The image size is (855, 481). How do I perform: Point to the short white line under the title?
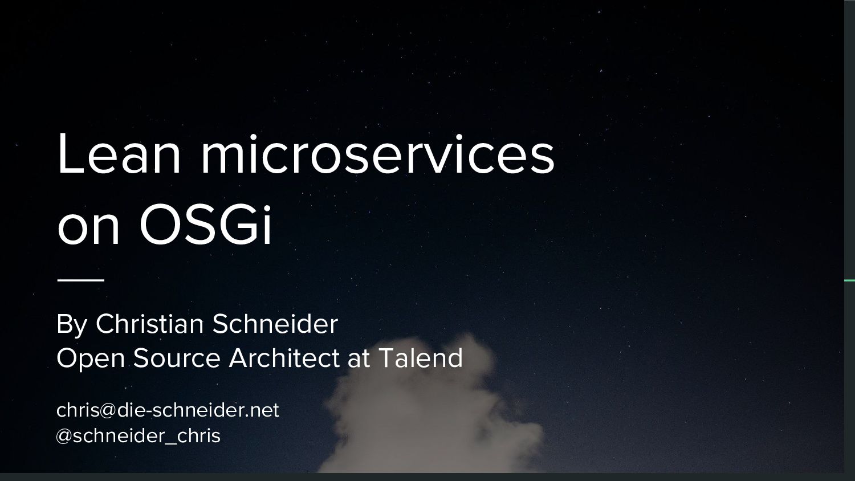coord(80,280)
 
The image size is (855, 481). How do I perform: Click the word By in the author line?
coord(71,324)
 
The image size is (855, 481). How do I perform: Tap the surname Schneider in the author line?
coord(275,324)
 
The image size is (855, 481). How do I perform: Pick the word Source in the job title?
coord(177,358)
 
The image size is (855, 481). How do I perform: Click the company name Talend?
coord(421,358)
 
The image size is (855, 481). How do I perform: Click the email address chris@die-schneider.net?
coord(168,410)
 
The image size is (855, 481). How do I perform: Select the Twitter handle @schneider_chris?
coord(139,436)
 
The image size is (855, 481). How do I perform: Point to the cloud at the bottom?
coord(433,416)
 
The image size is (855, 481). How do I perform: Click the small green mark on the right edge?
coord(849,280)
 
